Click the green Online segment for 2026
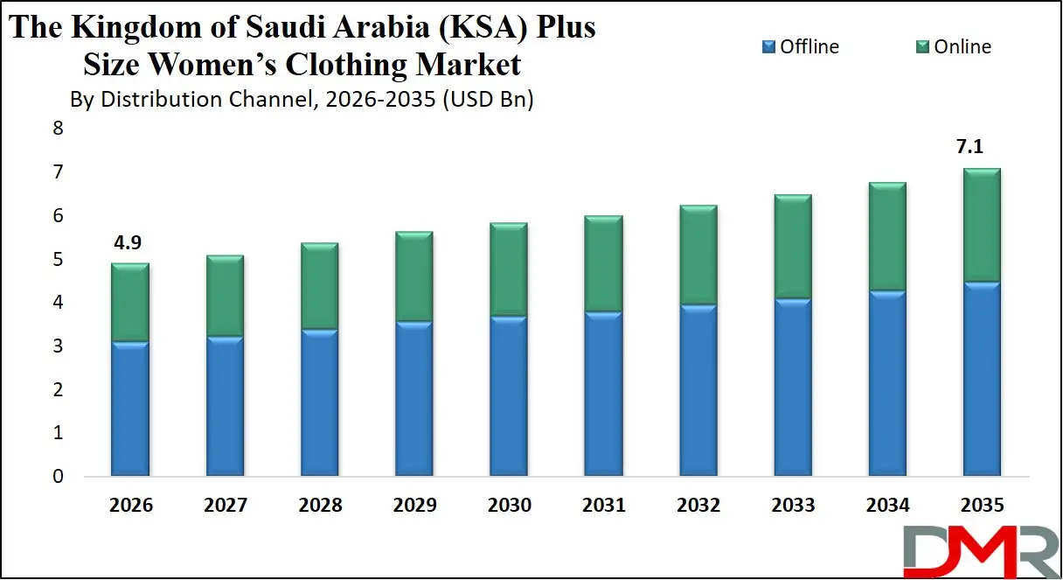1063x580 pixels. point(130,303)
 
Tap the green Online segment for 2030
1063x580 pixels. point(509,270)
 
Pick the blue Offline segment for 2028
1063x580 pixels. point(320,403)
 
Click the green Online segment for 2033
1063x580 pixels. point(793,248)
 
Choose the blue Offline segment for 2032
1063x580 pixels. point(698,390)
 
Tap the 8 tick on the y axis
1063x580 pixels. point(58,129)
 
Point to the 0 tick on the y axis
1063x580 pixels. point(58,477)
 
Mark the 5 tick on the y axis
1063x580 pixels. point(58,260)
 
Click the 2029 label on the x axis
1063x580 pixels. point(414,506)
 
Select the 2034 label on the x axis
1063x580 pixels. point(887,506)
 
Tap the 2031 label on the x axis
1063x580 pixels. point(603,506)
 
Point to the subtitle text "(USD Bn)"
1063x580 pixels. point(487,100)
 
